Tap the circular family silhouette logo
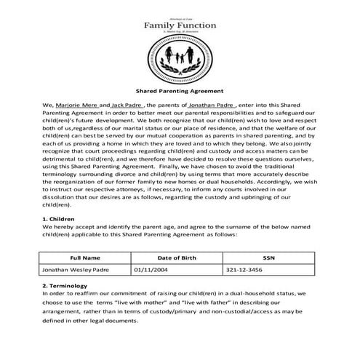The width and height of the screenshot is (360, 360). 180,59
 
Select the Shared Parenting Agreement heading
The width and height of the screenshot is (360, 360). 180,93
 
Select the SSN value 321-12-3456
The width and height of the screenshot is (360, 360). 243,270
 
